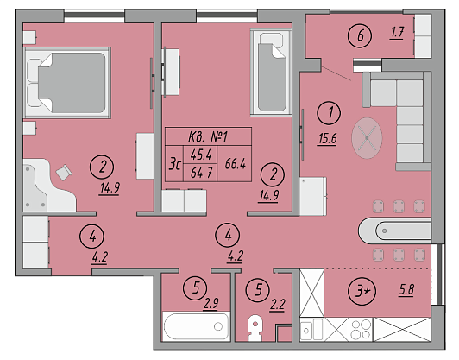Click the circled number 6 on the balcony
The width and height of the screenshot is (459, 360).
(360, 35)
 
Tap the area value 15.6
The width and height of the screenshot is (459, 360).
(328, 138)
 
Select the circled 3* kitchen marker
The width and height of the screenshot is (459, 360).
(362, 291)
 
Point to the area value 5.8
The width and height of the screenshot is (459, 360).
(406, 290)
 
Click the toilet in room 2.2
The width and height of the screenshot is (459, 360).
(255, 328)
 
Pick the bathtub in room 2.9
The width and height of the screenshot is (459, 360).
(196, 326)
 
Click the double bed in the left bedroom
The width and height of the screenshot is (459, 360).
(67, 83)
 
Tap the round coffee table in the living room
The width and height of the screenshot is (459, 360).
(367, 138)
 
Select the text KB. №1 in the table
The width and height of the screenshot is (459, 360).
(208, 136)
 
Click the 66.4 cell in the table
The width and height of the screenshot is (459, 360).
(235, 164)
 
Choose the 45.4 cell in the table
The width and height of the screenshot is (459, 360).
(201, 155)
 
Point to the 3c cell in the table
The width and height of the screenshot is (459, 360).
(175, 164)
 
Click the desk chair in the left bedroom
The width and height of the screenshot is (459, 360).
(64, 173)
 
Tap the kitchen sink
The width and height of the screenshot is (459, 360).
(311, 330)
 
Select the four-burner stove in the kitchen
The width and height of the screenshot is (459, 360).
(361, 330)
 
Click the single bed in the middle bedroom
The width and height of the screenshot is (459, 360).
(272, 73)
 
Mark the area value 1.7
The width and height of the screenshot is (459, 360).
(397, 32)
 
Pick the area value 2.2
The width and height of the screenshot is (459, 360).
(277, 305)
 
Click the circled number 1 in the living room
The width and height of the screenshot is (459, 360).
(329, 113)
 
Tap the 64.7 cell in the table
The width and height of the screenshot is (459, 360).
(201, 173)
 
